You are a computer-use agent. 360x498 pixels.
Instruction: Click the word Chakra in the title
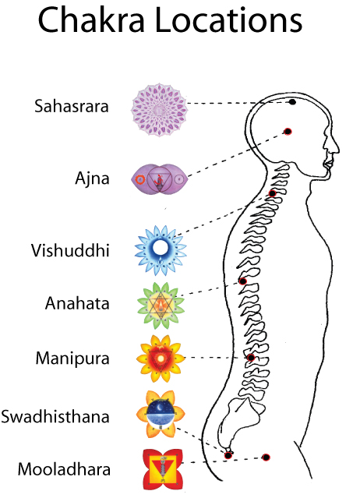click(92, 19)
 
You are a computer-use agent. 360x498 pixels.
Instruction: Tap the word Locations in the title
click(229, 19)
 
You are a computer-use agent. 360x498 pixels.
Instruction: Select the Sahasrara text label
click(72, 106)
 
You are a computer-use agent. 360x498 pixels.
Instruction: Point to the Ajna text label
click(93, 178)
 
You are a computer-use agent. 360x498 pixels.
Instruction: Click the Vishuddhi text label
click(70, 250)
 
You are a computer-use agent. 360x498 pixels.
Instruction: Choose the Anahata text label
click(77, 303)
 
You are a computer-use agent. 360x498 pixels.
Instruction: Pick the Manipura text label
click(72, 359)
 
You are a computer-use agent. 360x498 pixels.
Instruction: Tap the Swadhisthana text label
click(55, 416)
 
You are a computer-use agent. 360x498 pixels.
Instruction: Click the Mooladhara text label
click(64, 469)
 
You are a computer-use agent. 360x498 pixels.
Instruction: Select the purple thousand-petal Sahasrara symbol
click(160, 110)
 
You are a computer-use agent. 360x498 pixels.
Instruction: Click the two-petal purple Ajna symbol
click(160, 179)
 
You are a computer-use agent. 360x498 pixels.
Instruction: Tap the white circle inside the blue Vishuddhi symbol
click(160, 247)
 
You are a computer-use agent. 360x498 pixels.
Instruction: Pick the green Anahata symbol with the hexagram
click(161, 306)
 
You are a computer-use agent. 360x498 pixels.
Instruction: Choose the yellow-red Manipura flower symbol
click(161, 358)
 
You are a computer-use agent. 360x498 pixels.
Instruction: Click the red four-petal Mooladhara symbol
click(162, 469)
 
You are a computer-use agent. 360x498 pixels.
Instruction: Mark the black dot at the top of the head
click(292, 102)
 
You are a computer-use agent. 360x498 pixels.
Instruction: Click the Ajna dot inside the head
click(288, 131)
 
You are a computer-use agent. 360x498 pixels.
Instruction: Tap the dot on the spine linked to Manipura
click(251, 358)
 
